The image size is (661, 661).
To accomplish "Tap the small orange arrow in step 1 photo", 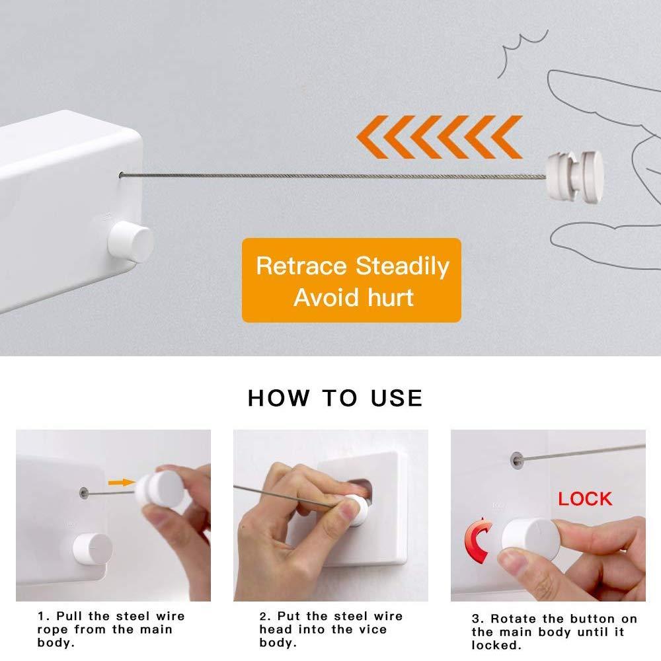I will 120,483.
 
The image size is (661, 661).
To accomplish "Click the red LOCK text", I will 585,498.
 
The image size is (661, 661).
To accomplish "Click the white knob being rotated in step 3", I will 529,537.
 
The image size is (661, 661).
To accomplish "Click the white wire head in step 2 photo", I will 357,510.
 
